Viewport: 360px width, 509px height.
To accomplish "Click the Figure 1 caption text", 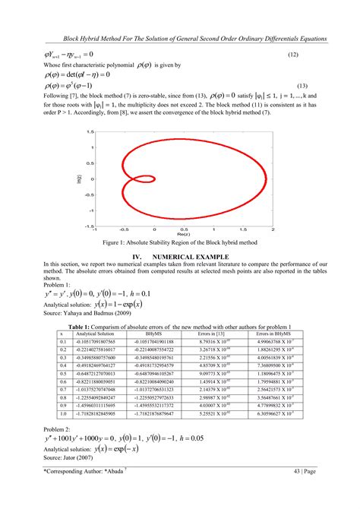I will (181, 242).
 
